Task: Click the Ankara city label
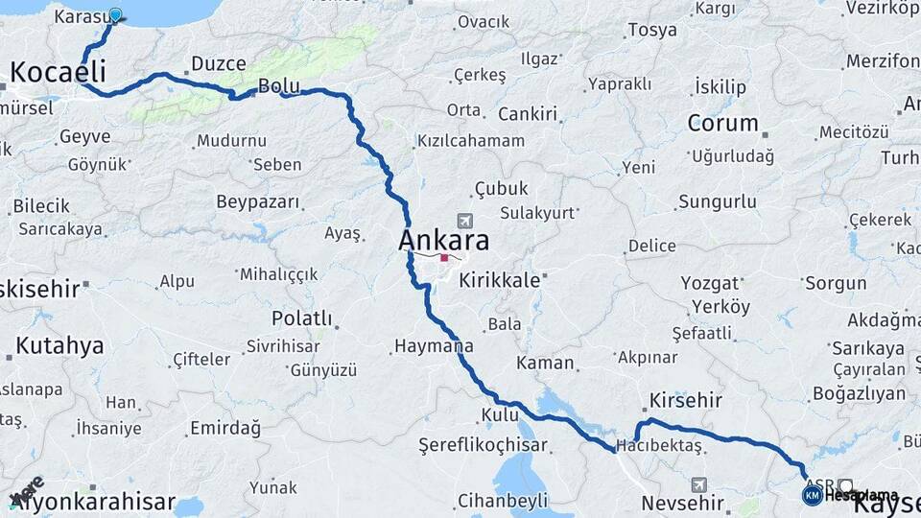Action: [443, 240]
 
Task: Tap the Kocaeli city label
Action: [58, 72]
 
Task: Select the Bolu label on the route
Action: [279, 86]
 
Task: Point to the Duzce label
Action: [220, 63]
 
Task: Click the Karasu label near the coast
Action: [80, 17]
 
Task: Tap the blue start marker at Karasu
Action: [115, 14]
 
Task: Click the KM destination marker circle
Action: [812, 495]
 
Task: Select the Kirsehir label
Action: [685, 399]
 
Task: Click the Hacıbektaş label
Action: [660, 446]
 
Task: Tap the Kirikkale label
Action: [499, 281]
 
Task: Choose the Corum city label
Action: [722, 123]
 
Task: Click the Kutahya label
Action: [59, 346]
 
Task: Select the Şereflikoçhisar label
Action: [483, 445]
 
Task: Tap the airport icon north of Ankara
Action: [465, 220]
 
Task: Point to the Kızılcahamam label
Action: [470, 141]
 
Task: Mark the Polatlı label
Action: [301, 318]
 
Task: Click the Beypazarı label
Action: [258, 202]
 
